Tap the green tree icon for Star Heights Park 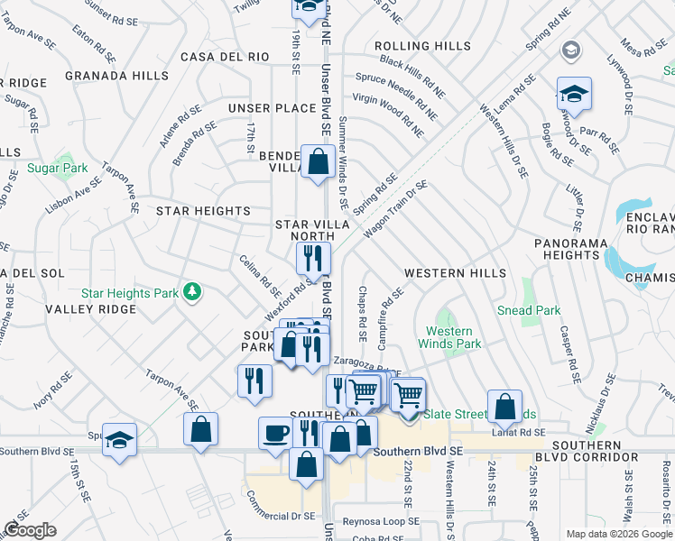(x=191, y=291)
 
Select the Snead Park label (x=528, y=310)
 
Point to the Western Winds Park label (x=448, y=337)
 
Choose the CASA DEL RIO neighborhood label (x=225, y=57)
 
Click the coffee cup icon (x=276, y=433)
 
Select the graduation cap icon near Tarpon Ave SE (x=119, y=441)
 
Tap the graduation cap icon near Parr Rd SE (x=573, y=94)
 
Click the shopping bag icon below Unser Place (x=319, y=163)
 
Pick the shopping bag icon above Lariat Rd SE (x=504, y=407)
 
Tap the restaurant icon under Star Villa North (x=313, y=259)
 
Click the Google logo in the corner (x=30, y=530)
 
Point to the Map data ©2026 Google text (x=618, y=534)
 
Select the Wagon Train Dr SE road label (x=395, y=209)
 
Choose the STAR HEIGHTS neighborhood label (x=203, y=211)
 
